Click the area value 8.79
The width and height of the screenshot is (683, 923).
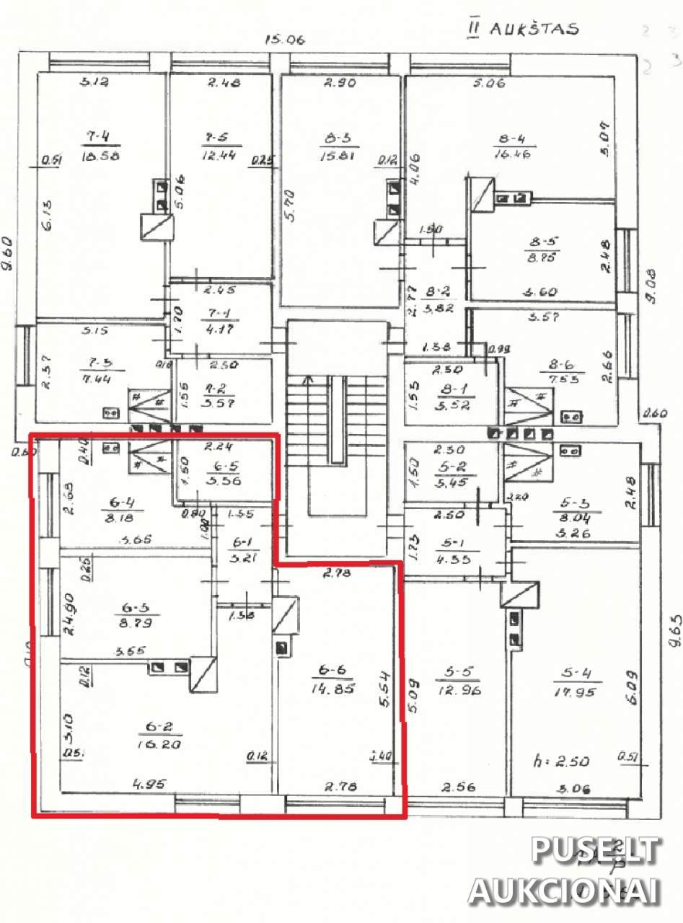coord(138,621)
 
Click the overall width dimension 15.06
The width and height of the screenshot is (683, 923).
coord(285,40)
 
